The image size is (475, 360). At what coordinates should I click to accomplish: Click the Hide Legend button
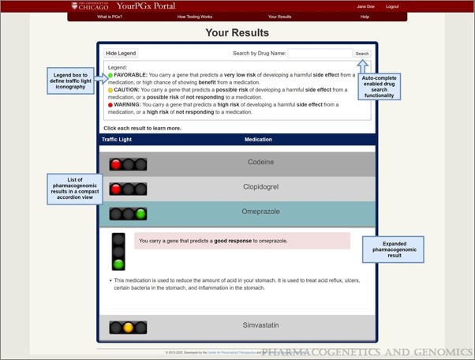121,54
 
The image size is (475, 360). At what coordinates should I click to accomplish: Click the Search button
361,54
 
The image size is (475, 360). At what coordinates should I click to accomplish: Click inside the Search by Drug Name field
320,54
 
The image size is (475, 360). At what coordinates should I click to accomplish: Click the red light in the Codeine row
116,164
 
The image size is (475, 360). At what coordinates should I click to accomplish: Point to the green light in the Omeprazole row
140,213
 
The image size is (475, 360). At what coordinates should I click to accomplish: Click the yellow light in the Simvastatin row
128,327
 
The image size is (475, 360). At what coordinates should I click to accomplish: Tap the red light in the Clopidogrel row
116,189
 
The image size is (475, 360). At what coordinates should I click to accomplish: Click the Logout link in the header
392,6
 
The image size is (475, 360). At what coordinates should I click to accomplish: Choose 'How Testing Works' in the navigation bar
194,16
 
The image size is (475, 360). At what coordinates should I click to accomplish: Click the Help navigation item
365,16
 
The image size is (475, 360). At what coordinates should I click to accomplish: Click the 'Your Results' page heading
237,33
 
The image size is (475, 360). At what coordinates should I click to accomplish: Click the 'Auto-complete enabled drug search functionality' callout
380,85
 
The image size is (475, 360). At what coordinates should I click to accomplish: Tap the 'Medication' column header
258,140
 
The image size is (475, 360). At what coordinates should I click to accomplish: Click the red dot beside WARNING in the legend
110,103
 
